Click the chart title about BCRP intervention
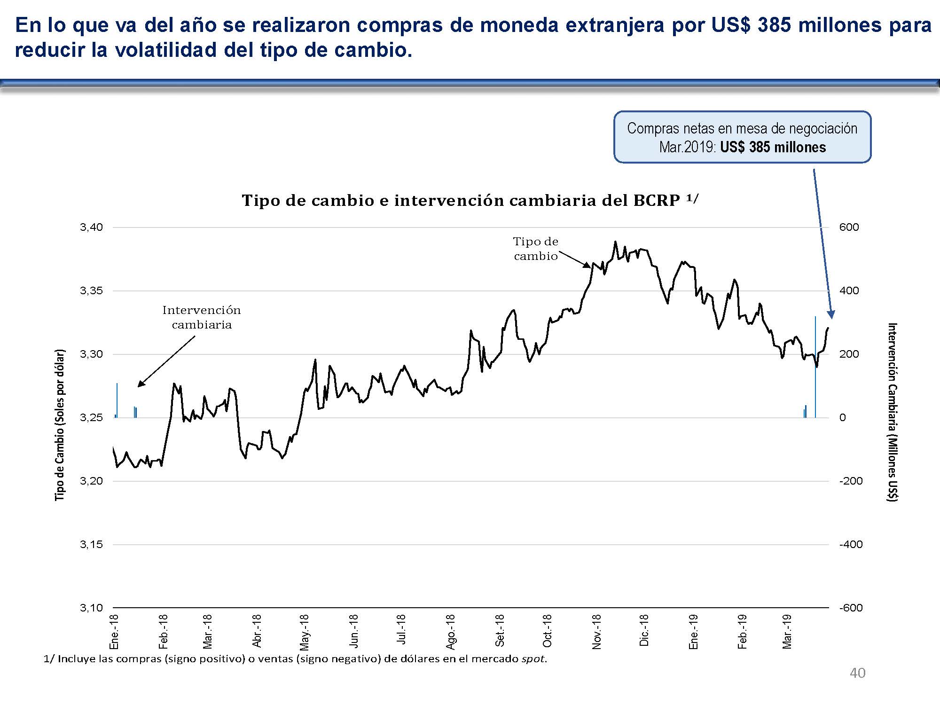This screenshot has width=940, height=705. point(470,201)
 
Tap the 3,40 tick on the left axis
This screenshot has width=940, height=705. point(91,227)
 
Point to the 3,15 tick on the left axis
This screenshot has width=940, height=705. point(91,545)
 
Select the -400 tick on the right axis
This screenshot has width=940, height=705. point(851,545)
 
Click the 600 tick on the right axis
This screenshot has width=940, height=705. point(849,227)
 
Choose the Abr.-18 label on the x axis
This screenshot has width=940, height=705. point(257,631)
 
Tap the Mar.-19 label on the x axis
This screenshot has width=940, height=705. point(787,632)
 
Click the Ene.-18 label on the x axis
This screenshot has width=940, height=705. point(114,632)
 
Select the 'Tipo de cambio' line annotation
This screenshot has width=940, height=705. point(535,249)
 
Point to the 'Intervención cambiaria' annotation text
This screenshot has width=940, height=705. point(201,317)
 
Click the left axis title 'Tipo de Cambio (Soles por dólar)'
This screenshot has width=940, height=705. point(60,425)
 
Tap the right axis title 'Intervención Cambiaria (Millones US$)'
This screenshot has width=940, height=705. point(892,412)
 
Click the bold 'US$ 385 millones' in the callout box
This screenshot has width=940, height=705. point(773,148)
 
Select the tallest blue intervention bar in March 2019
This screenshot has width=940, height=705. point(815,367)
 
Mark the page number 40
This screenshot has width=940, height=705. point(857,673)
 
